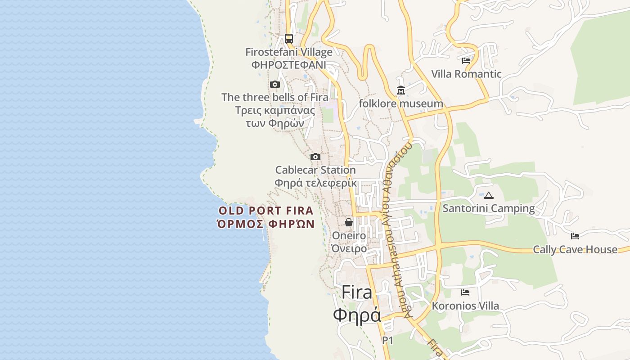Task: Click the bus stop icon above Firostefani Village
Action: [289, 39]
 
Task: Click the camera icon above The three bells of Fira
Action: [275, 84]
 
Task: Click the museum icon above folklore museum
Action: [401, 90]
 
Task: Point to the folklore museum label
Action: [401, 104]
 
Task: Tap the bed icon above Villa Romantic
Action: [466, 60]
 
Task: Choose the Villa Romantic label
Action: [466, 74]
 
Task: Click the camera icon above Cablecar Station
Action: [315, 157]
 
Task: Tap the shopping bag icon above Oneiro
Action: [349, 222]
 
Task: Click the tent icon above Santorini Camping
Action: [489, 195]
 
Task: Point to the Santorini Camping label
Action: [489, 208]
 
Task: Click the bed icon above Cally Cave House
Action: [575, 236]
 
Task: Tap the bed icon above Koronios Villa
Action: [465, 292]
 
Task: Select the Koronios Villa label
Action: [465, 306]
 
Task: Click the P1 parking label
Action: [387, 341]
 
